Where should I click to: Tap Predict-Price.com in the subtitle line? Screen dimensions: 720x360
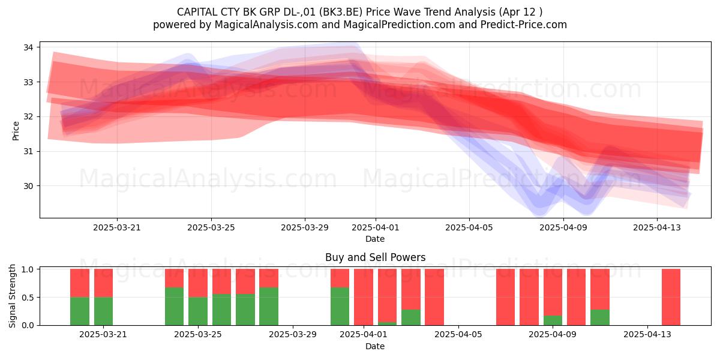tap(524, 25)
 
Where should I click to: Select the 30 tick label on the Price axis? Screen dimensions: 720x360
tap(28, 186)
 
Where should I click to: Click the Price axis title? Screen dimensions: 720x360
tap(16, 131)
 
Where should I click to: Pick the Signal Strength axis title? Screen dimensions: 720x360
tap(12, 296)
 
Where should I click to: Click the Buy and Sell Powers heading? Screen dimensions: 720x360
tap(375, 257)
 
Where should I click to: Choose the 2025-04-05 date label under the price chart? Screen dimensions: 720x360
tap(469, 227)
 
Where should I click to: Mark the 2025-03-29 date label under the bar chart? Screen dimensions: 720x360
tap(293, 335)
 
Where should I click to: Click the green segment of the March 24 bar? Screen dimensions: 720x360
tap(175, 307)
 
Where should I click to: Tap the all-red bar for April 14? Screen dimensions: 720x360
tap(671, 297)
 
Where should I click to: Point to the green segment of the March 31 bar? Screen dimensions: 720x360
tap(340, 307)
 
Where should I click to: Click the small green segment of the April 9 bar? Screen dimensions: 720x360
tap(553, 320)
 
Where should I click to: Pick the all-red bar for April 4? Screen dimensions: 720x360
tap(434, 297)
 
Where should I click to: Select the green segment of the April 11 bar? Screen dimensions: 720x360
tap(600, 317)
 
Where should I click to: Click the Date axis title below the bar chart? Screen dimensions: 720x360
tap(375, 346)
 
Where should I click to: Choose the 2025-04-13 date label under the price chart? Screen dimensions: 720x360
tap(657, 227)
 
